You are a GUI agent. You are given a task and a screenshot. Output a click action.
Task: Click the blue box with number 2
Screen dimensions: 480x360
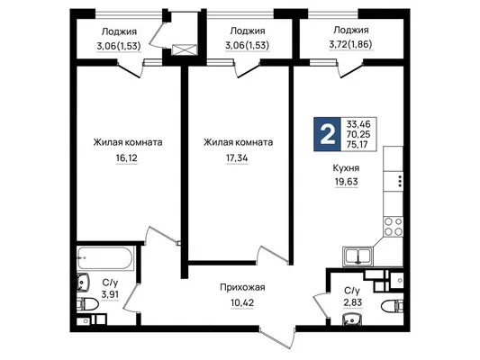coord(327,134)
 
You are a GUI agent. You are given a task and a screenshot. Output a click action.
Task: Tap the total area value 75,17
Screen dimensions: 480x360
coord(358,144)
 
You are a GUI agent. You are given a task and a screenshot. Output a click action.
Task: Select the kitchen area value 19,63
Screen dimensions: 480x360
coord(346,182)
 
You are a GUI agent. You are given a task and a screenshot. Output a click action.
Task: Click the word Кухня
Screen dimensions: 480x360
coord(346,168)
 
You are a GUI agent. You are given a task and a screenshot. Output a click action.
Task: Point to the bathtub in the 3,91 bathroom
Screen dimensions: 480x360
coord(105,257)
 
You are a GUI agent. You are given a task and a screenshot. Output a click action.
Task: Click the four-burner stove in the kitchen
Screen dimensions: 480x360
coord(394,226)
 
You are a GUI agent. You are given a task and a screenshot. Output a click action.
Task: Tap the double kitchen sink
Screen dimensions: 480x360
coord(358,256)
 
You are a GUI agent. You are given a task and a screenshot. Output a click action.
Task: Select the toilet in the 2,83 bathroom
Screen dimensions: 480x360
coord(393,305)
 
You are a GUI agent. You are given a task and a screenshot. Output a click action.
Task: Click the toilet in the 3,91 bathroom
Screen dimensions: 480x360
coord(87,304)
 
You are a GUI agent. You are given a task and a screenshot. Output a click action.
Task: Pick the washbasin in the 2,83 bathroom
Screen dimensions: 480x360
coord(352,319)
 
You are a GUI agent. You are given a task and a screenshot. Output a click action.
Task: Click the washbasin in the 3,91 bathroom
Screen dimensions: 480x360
coord(83,282)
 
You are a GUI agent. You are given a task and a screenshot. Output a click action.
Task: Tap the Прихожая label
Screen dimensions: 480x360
coord(242,287)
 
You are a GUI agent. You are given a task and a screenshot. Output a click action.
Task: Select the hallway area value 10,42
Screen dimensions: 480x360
coord(242,302)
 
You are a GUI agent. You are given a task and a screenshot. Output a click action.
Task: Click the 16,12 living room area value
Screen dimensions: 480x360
coord(127,158)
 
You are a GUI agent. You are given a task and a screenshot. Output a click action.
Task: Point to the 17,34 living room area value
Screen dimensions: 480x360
coord(237,158)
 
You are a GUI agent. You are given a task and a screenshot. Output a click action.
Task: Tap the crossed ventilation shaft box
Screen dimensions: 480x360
coord(185,49)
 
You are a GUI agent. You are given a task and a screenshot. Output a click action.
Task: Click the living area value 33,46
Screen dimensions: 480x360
coord(358,124)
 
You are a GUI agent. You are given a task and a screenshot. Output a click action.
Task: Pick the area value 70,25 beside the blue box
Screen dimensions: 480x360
coord(358,134)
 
